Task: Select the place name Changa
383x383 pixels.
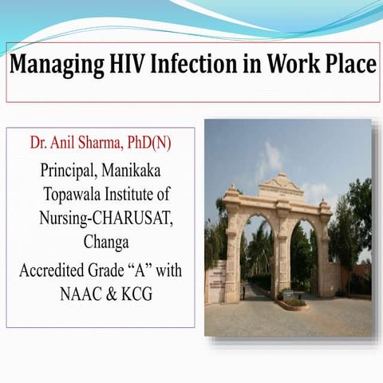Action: (x=101, y=241)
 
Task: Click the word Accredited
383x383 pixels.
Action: (x=53, y=270)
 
